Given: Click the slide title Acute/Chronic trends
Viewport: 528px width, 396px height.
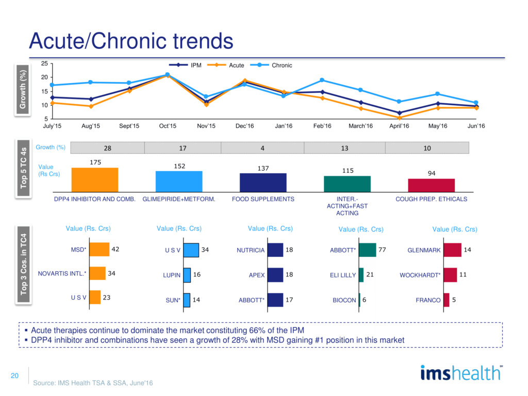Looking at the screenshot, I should (x=131, y=40).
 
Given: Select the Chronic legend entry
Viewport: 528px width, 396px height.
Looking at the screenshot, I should (x=282, y=65).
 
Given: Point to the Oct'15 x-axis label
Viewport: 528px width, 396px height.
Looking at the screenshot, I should (x=168, y=126).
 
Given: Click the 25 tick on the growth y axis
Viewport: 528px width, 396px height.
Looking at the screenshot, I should (x=44, y=63).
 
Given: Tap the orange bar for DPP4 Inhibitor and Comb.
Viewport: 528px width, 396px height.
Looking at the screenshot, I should (x=94, y=180).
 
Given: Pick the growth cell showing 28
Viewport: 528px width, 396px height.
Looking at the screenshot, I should (x=107, y=148).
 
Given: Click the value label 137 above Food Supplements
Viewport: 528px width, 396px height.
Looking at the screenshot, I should (x=263, y=168).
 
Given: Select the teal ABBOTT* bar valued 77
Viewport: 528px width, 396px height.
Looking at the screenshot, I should (x=367, y=250).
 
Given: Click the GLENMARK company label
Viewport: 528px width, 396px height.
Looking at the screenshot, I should (x=424, y=251).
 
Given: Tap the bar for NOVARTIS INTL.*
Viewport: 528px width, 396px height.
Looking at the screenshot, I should (x=97, y=273).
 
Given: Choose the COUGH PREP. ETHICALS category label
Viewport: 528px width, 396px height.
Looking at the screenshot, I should (x=431, y=199).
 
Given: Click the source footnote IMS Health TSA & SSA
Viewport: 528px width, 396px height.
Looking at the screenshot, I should (x=93, y=383).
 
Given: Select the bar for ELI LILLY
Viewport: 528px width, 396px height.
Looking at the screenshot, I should (x=361, y=275).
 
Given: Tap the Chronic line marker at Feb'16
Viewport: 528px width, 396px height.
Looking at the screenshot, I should (x=322, y=80).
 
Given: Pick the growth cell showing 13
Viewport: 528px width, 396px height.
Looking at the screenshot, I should (x=344, y=148).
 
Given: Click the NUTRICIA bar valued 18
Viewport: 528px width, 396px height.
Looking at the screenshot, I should (x=275, y=250).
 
